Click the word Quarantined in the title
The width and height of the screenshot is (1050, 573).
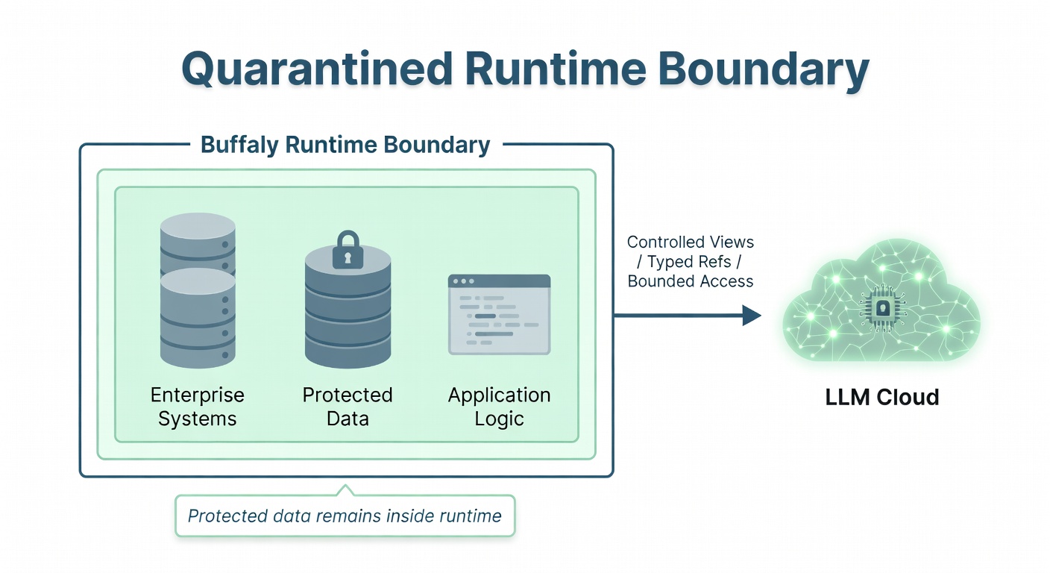(x=316, y=69)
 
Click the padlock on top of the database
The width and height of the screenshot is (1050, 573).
(x=348, y=249)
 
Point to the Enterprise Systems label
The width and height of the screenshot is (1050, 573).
(x=197, y=407)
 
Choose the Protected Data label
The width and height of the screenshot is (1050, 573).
(x=348, y=407)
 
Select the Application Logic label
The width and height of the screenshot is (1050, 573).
(x=499, y=407)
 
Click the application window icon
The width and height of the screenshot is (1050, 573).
(x=499, y=314)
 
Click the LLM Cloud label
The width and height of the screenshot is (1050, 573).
(x=881, y=397)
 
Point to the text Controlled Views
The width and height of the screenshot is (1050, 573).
(x=690, y=242)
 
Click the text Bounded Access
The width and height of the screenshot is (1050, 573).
(x=690, y=281)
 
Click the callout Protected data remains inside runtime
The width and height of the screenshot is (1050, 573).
(x=345, y=516)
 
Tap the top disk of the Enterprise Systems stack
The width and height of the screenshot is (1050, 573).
(x=198, y=227)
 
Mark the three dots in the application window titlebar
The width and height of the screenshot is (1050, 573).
(x=463, y=281)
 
